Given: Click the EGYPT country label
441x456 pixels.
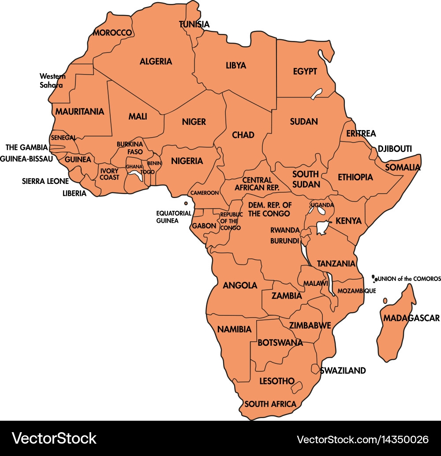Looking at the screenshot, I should tap(305, 71).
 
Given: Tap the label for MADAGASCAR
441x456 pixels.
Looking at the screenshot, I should tap(411, 318).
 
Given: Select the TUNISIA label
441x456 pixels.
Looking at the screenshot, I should tap(194, 24).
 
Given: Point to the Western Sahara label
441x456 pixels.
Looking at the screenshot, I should tap(52, 81).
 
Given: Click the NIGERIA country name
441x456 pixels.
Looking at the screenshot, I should tap(187, 161).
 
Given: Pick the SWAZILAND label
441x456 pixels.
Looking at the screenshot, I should tap(343, 370).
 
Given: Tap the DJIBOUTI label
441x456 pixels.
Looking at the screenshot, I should tap(395, 149).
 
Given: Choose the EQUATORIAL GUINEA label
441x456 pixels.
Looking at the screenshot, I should tap(174, 217).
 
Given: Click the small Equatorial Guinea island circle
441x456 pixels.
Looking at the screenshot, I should tap(186, 203).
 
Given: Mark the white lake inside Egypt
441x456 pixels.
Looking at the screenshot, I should tap(316, 93).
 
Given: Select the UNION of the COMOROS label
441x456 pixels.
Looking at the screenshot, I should tap(409, 279).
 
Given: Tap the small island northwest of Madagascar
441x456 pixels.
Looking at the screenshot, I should tap(385, 300).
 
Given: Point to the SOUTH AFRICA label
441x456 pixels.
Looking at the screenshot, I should tap(270, 404).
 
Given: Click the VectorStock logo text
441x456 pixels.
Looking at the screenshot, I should tap(54, 438).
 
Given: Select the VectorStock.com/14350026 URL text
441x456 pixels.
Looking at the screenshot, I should tap(363, 439).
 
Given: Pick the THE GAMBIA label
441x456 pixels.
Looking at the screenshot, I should tap(26, 147).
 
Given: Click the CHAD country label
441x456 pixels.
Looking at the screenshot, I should tap(243, 135).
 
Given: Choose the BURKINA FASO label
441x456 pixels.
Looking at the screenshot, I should tap(130, 148).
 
